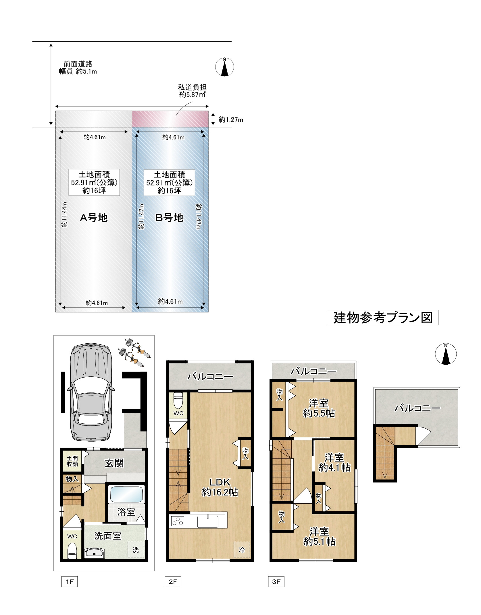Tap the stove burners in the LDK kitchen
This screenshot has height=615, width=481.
point(178,521)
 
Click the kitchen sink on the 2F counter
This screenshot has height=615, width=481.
point(208,521)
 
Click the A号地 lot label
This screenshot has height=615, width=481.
point(94,218)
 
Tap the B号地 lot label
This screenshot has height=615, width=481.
point(169,218)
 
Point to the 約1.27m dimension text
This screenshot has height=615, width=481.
point(231,119)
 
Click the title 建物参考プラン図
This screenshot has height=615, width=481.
point(383,318)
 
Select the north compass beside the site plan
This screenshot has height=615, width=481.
point(225,67)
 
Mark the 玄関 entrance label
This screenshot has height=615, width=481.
point(114,463)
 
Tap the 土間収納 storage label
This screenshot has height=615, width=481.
point(72,461)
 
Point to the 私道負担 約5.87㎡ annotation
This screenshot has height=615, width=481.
point(193,91)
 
